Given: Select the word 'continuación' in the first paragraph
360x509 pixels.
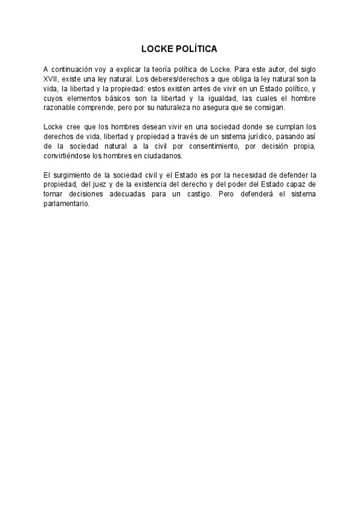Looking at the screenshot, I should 71,70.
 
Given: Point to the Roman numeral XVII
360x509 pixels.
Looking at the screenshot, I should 50,79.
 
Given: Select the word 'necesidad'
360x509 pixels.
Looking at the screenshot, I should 246,175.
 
